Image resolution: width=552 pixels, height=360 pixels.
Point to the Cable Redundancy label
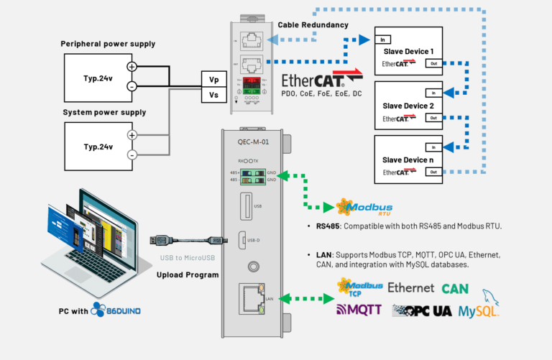[x=313, y=25]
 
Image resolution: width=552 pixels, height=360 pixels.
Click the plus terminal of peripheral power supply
[x=132, y=66]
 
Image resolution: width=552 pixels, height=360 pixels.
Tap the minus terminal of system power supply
[x=132, y=155]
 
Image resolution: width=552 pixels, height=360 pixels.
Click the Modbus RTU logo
[x=364, y=208]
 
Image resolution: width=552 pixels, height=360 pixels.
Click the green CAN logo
[x=455, y=288]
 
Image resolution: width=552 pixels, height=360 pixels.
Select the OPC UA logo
[x=422, y=310]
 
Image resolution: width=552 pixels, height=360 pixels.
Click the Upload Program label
[x=188, y=274]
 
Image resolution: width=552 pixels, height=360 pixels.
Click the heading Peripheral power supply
[x=108, y=45]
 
